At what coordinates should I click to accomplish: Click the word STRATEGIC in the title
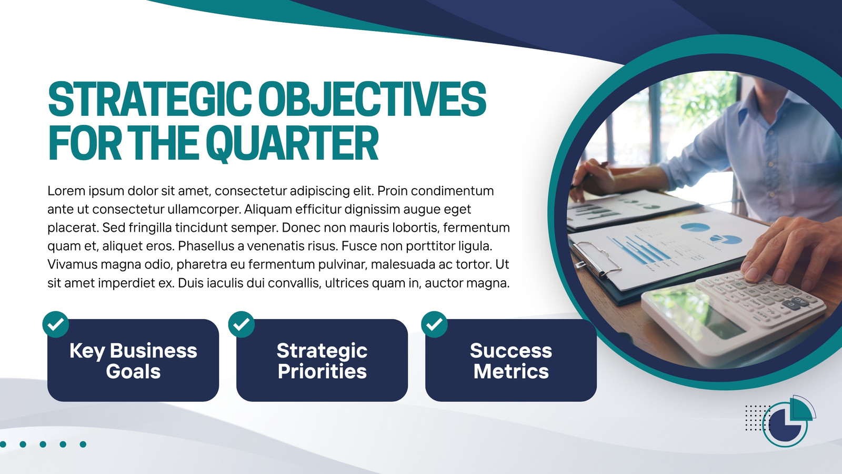149,99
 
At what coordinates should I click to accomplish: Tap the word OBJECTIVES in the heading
373,99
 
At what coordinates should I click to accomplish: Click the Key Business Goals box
133,360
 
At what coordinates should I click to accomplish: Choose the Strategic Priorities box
322,360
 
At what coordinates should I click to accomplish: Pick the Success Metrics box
511,360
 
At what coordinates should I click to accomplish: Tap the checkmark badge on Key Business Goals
56,324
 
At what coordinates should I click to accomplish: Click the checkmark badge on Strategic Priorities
242,324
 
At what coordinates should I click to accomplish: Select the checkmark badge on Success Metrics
435,324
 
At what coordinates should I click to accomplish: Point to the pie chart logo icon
787,421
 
